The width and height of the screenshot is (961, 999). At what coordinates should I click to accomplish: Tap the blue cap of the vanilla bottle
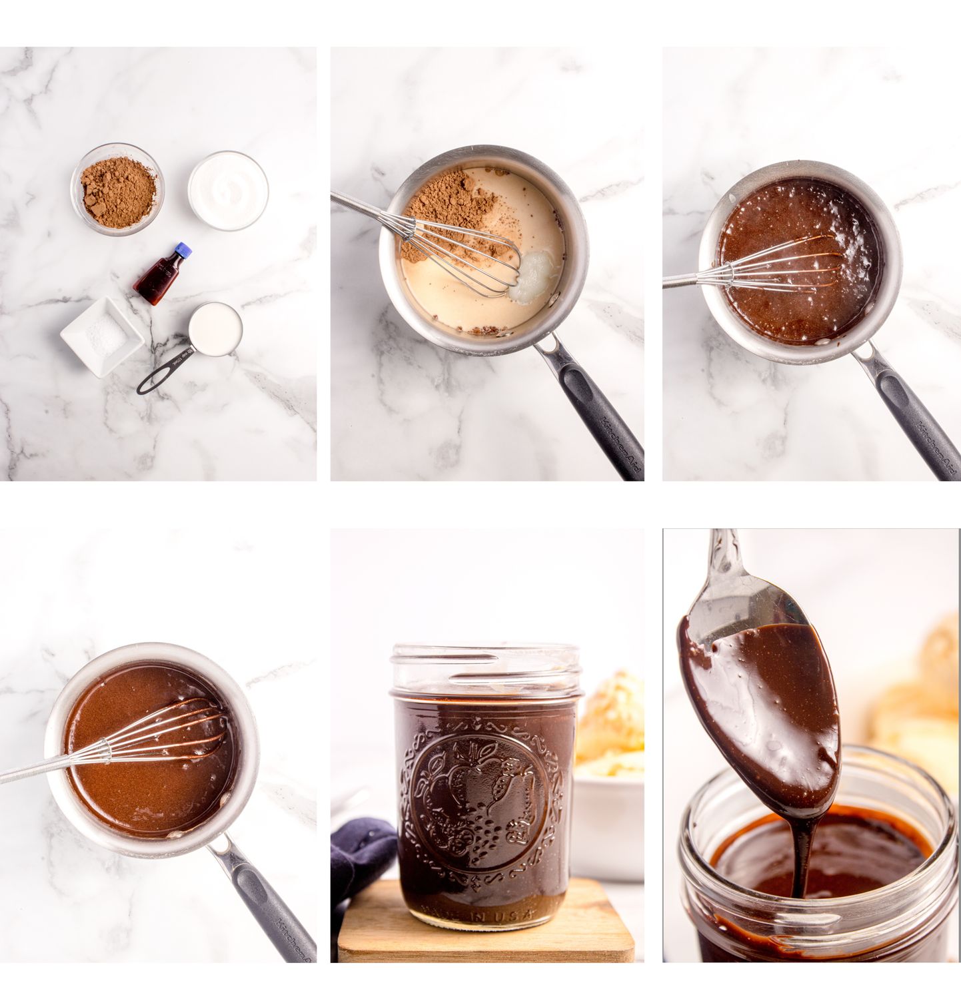(183, 250)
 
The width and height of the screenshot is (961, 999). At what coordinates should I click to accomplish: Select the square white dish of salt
(101, 334)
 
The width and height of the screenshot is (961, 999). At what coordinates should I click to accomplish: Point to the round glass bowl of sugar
(228, 190)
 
